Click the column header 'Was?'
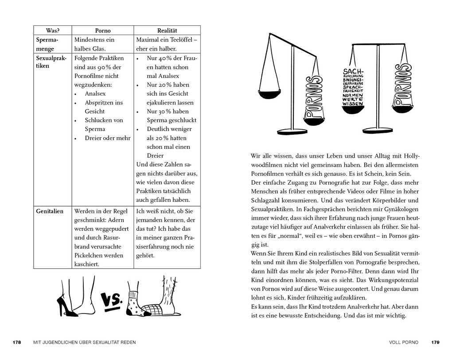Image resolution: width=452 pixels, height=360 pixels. click(52, 31)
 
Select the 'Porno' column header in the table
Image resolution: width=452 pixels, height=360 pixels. click(103, 31)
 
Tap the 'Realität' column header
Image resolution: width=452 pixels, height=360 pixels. click(167, 31)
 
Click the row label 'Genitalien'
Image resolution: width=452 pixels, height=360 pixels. click(50, 211)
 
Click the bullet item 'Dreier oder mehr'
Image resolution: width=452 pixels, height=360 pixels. click(108, 138)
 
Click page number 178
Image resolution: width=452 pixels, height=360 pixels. click(17, 342)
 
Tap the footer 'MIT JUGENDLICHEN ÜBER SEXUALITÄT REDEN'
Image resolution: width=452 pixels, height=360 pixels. click(85, 342)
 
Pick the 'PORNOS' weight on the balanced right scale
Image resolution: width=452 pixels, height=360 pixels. click(402, 86)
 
